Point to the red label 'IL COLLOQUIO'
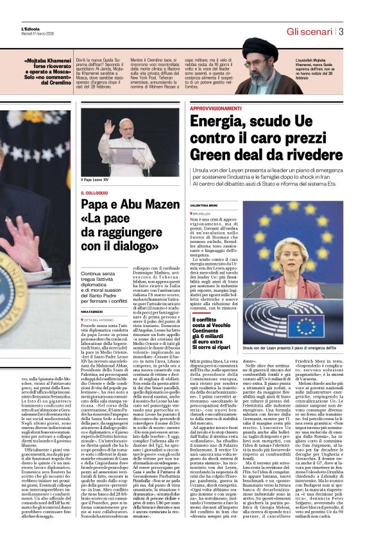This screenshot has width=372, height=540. [x=93, y=193]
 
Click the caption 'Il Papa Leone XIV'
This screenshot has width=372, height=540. [x=94, y=180]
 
